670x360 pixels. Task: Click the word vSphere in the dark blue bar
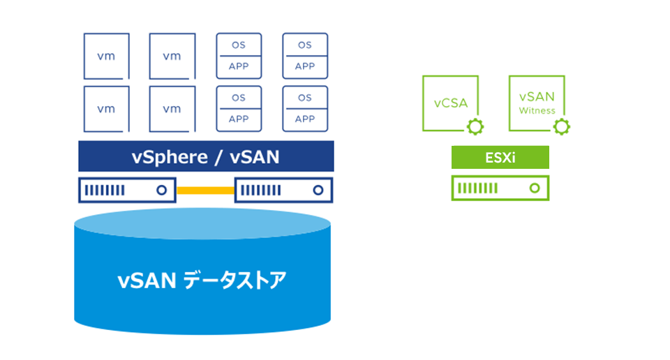pyautogui.click(x=169, y=158)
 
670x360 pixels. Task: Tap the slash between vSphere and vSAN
pyautogui.click(x=218, y=157)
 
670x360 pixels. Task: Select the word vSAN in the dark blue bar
pyautogui.click(x=255, y=157)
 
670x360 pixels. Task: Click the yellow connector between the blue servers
pyautogui.click(x=205, y=190)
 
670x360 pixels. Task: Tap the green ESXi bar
pyautogui.click(x=500, y=157)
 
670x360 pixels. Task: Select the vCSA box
pyautogui.click(x=450, y=103)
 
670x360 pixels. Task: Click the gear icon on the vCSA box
pyautogui.click(x=475, y=127)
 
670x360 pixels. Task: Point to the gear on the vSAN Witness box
pyautogui.click(x=561, y=127)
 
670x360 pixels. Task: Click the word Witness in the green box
pyautogui.click(x=537, y=111)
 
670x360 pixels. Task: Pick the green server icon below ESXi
pyautogui.click(x=500, y=188)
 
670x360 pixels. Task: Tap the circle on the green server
pyautogui.click(x=535, y=188)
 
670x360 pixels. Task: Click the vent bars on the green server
pyautogui.click(x=477, y=188)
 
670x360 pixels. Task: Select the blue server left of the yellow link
pyautogui.click(x=127, y=190)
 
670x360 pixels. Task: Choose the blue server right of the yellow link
pyautogui.click(x=284, y=190)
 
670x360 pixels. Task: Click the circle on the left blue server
pyautogui.click(x=161, y=190)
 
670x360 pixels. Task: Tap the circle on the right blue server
pyautogui.click(x=318, y=190)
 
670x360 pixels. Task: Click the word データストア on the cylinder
pyautogui.click(x=234, y=280)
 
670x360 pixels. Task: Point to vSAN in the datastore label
pyautogui.click(x=147, y=281)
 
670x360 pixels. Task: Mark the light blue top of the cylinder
pyautogui.click(x=202, y=223)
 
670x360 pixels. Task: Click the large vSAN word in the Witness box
pyautogui.click(x=537, y=97)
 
